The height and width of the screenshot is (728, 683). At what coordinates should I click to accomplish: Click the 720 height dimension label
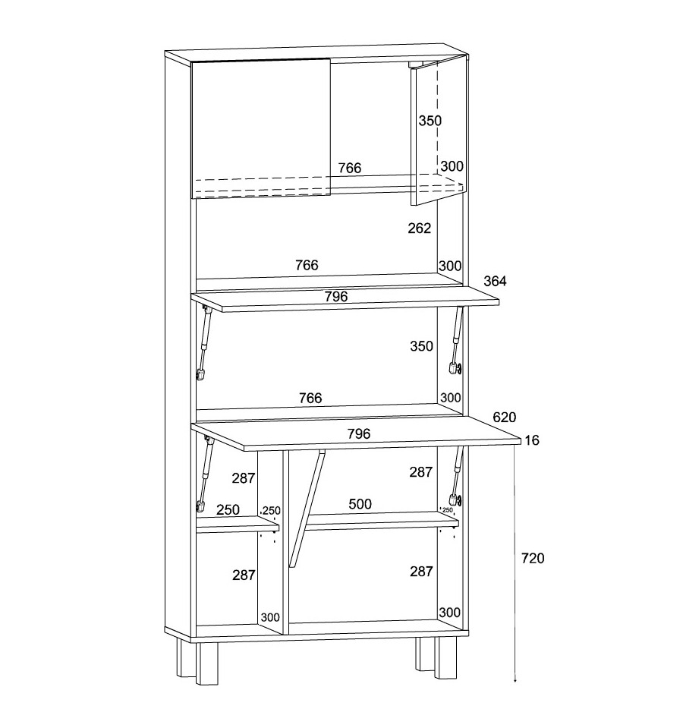pos(532,558)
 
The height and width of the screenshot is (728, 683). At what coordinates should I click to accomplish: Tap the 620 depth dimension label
pos(505,417)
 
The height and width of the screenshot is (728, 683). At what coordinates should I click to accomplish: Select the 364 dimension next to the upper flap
pos(495,281)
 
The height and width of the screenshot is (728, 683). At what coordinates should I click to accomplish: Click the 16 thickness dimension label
pos(532,440)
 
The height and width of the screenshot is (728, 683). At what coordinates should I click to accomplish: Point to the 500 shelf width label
pos(360,504)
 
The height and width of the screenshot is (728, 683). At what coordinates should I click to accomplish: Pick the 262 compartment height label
pos(420,228)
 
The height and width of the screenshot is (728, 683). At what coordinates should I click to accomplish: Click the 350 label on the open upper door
pos(430,121)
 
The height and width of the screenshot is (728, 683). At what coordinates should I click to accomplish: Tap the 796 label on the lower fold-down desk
pos(359,433)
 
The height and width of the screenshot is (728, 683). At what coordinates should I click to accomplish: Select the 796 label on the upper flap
pos(336,296)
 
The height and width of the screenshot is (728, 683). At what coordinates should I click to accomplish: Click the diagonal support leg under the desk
pos(307,509)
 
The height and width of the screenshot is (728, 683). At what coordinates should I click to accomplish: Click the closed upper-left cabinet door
pos(261,128)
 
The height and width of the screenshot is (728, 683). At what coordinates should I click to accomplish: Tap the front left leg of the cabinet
pos(207,663)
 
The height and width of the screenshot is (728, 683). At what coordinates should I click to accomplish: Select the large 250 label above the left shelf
pos(228,510)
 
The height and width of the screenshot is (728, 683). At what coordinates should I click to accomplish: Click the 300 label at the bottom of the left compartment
pos(270,617)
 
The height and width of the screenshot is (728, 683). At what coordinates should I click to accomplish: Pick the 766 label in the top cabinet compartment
pos(349,168)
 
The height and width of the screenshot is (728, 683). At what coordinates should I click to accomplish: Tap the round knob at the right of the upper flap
pos(459,369)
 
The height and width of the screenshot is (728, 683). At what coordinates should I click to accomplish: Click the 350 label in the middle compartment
pos(421,346)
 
